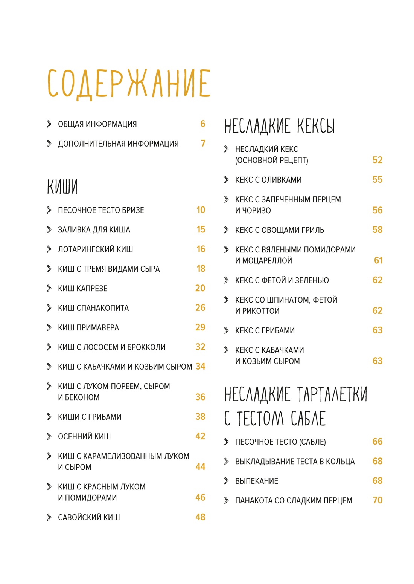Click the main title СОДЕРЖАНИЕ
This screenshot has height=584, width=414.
[129, 84]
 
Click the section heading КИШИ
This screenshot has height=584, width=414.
[62, 187]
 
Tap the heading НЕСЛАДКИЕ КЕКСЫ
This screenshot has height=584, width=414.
[279, 126]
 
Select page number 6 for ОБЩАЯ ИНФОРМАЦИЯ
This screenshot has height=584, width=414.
[203, 124]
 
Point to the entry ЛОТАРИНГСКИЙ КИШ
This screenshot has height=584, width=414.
[95, 249]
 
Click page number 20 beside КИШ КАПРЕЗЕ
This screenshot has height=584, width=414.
[200, 288]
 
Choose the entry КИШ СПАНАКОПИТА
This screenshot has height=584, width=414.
[93, 308]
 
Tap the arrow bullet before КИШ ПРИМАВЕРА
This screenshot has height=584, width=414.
[49, 327]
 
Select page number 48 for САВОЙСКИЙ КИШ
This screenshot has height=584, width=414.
[200, 517]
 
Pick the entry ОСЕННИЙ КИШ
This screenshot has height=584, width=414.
[84, 437]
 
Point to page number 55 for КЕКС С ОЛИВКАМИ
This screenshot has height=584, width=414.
[377, 180]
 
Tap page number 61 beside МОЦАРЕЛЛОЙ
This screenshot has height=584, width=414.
[378, 260]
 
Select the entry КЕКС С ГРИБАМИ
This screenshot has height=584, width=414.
[265, 331]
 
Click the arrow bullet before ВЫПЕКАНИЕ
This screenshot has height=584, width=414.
[226, 481]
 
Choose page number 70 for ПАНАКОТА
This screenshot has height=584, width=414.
[377, 500]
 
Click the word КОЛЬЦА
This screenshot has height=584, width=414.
[341, 462]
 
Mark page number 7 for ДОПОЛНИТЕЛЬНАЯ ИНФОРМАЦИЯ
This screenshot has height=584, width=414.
[203, 144]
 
